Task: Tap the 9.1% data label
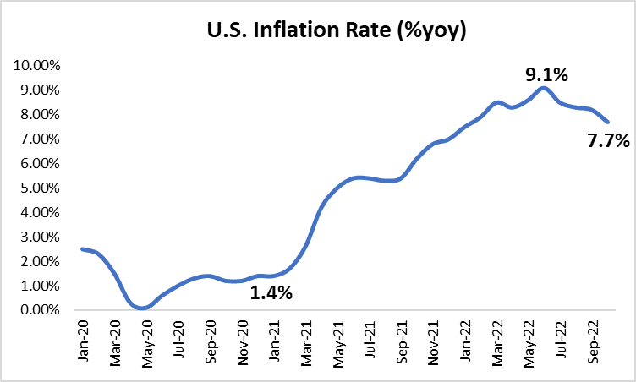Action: (546, 74)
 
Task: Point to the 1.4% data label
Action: (271, 293)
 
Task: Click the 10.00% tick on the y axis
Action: (36, 65)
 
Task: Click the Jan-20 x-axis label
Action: (83, 342)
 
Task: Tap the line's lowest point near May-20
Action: (142, 308)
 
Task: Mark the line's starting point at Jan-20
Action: (82, 248)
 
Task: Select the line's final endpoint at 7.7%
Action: (607, 122)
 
